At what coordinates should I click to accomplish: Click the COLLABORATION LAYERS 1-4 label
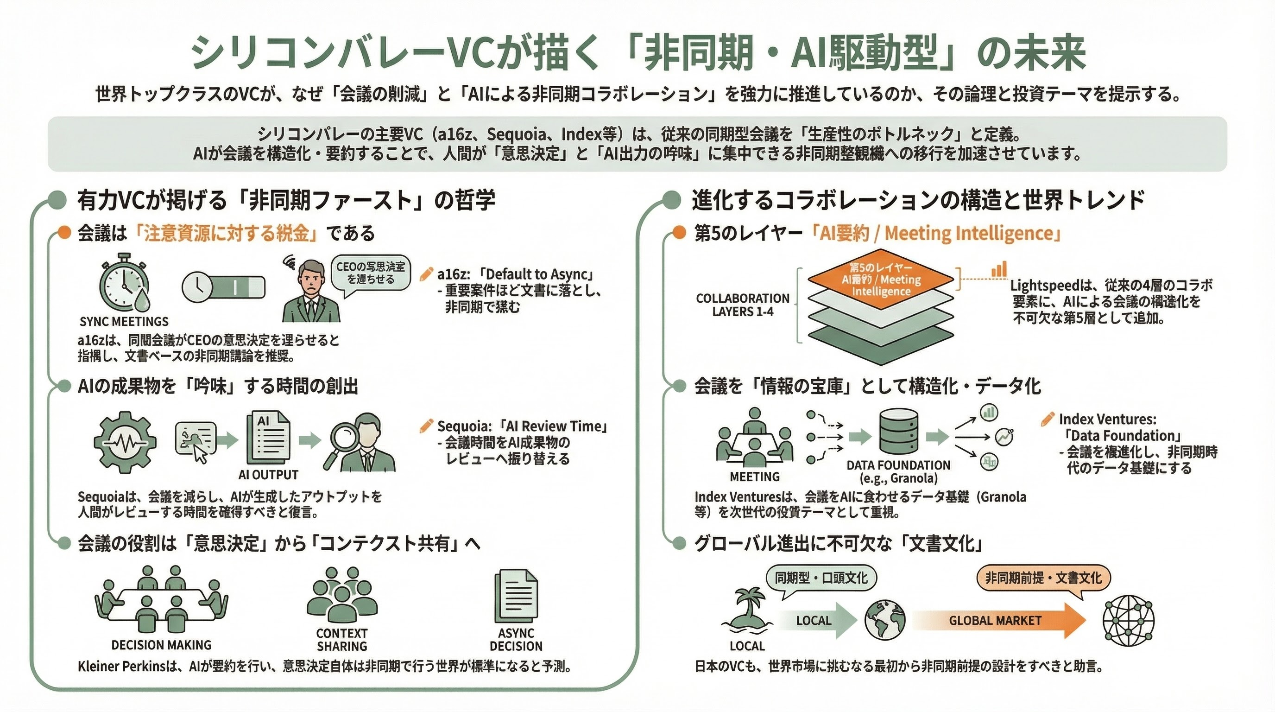tap(742, 305)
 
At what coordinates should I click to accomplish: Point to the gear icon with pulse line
tap(125, 442)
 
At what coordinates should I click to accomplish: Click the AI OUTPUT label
tap(268, 475)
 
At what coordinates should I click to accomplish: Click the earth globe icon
tap(885, 620)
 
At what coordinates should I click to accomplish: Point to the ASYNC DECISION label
tap(516, 640)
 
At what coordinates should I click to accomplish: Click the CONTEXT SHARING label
tap(341, 640)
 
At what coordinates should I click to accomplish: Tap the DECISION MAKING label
tap(161, 645)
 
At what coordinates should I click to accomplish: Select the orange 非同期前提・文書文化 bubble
tap(1043, 578)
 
